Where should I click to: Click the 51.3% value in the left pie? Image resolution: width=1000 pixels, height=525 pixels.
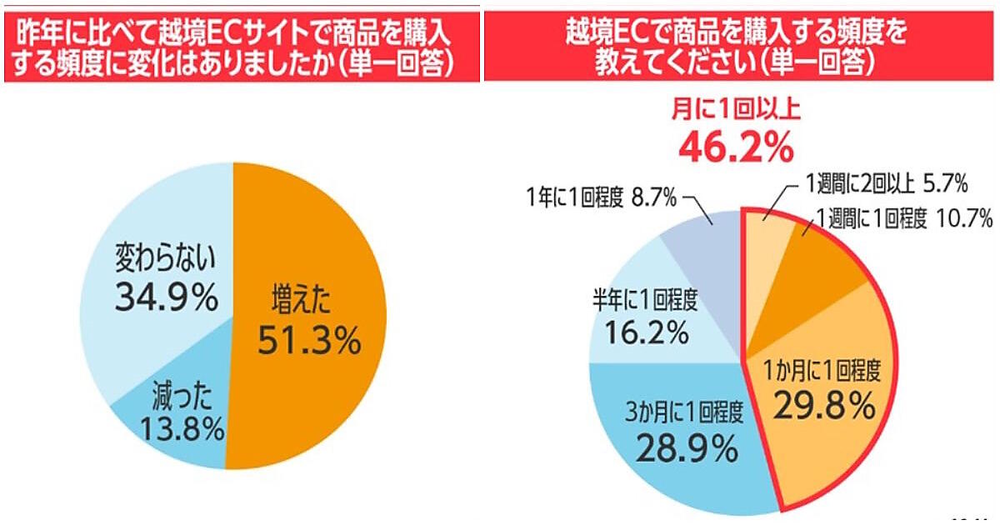[309, 341]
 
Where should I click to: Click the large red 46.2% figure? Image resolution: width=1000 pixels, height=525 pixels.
[735, 148]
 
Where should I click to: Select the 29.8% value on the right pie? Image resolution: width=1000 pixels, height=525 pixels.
[824, 406]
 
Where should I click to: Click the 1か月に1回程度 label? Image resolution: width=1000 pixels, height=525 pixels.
[824, 369]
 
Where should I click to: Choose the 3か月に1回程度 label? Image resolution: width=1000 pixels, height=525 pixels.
[684, 412]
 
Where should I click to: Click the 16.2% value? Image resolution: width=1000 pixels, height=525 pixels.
[639, 332]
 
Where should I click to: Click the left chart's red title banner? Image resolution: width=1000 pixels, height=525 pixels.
[241, 47]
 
